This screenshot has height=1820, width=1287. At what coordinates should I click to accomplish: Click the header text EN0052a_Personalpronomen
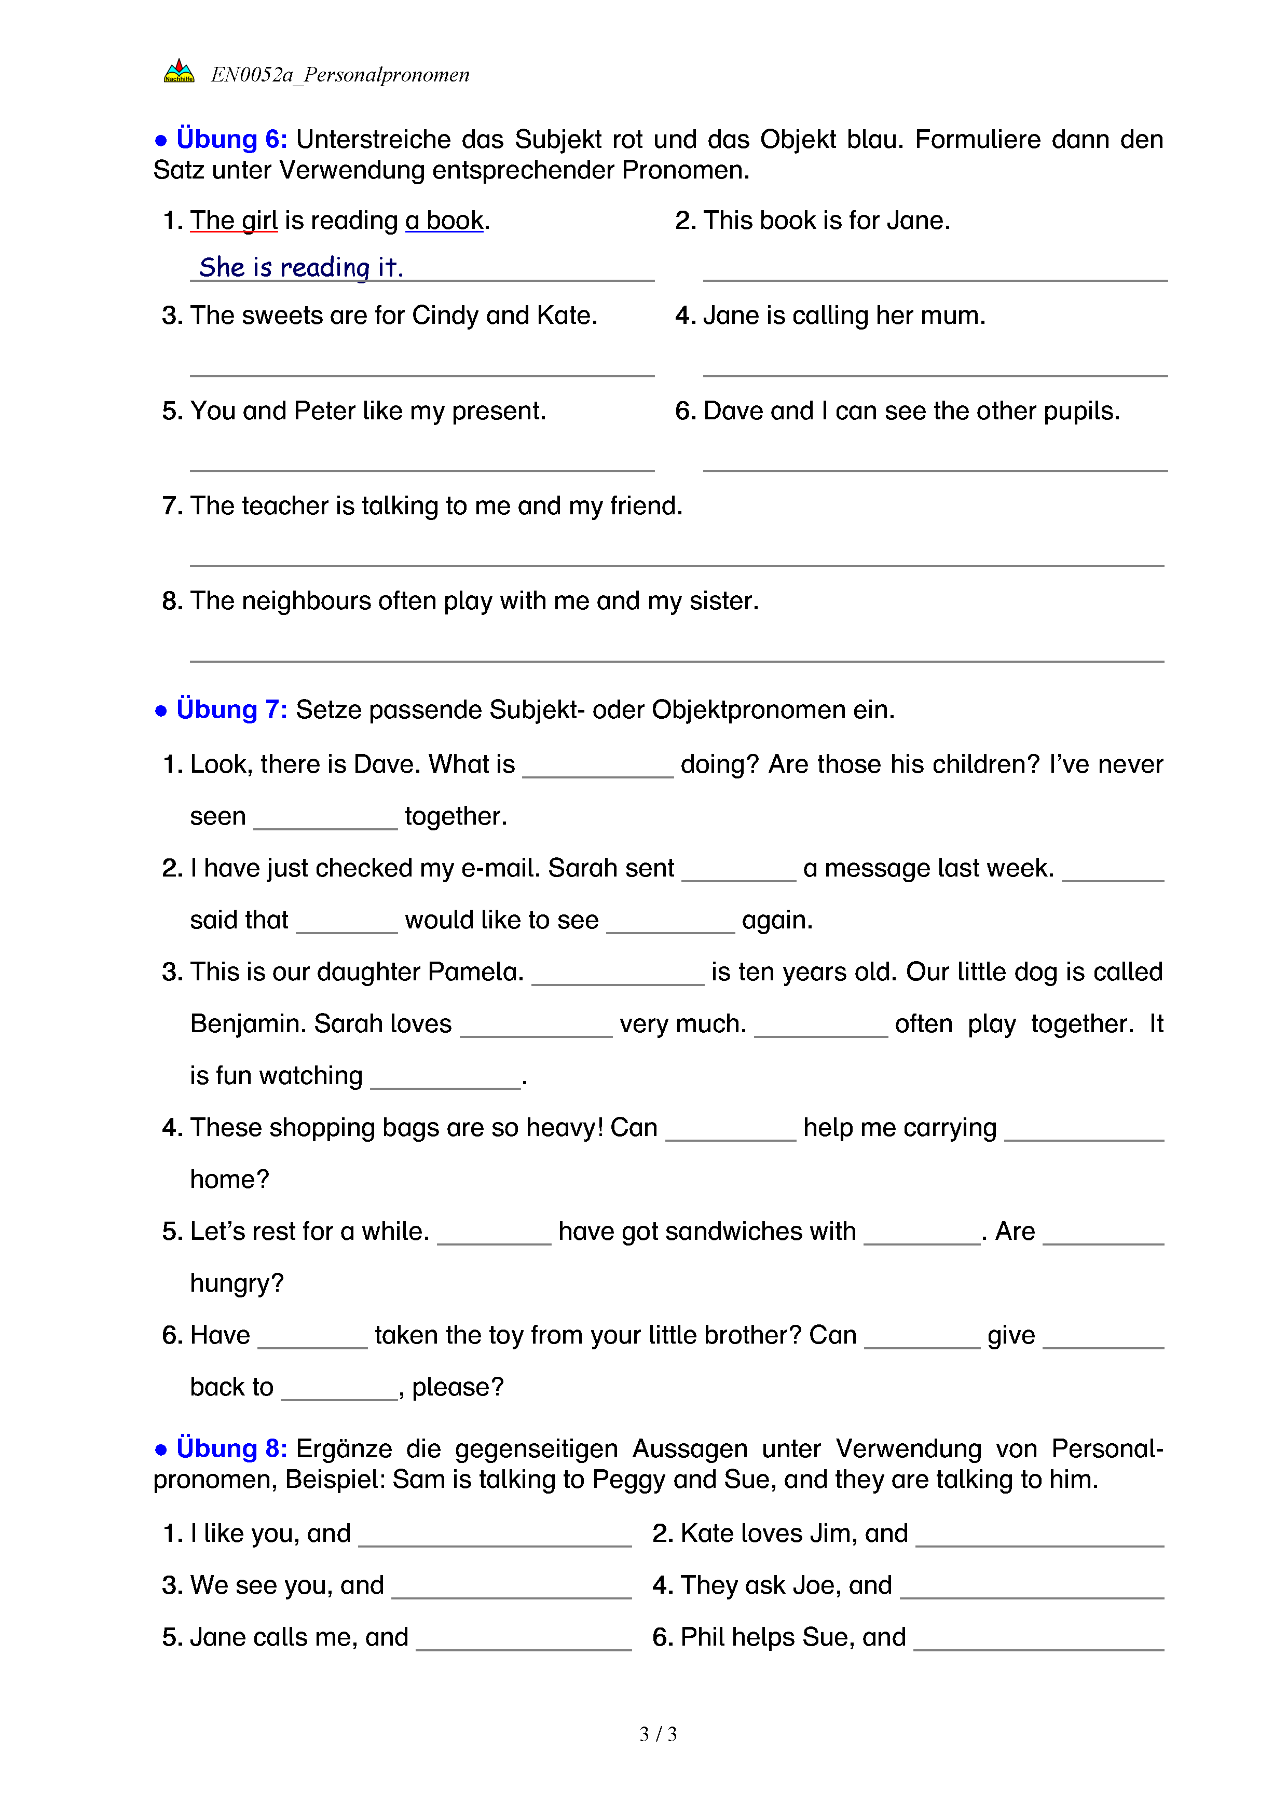click(340, 75)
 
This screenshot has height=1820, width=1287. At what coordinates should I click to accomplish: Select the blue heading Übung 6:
click(231, 140)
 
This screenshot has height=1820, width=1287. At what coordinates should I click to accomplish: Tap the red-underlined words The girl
click(234, 221)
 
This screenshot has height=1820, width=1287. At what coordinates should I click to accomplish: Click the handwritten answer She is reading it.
click(301, 267)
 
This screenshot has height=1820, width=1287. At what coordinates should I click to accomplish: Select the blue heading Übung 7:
click(231, 709)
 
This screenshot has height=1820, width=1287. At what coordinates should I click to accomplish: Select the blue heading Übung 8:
click(231, 1448)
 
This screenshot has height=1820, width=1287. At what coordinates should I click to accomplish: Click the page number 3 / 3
click(658, 1734)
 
